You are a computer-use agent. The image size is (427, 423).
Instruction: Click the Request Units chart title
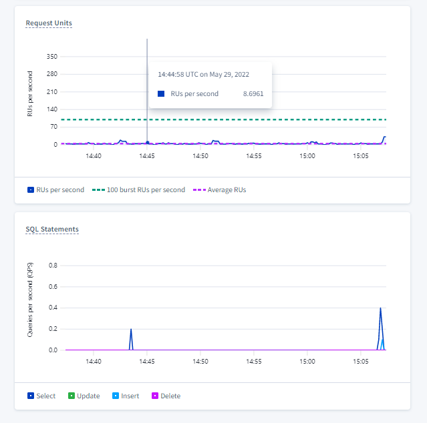pos(49,23)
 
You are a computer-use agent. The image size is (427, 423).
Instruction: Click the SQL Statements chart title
pos(52,230)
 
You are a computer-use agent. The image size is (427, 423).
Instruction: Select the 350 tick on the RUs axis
pos(52,57)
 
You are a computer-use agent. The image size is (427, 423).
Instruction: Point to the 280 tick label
pos(52,74)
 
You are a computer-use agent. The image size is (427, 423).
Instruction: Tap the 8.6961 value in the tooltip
pos(253,94)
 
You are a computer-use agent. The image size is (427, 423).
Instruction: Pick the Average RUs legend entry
pos(221,189)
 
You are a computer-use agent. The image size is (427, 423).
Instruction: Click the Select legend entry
pos(42,396)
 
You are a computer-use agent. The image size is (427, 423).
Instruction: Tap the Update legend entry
pos(84,396)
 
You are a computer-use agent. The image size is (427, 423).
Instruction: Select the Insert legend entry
pos(126,396)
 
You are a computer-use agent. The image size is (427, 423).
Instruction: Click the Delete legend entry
pos(166,396)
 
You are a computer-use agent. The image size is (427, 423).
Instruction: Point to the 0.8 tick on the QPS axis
pos(53,266)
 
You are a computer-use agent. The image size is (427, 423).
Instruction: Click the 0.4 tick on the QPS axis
pos(53,308)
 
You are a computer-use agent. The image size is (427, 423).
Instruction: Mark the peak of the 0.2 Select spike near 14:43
pos(131,329)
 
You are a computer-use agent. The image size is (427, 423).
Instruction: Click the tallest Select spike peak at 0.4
pos(380,308)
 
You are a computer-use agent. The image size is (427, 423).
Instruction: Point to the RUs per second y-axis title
pos(30,94)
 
